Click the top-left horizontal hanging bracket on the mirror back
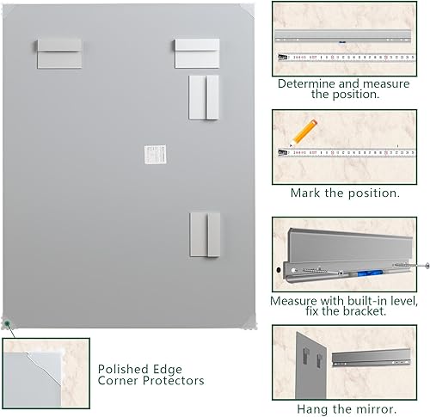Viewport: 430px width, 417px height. (x=60, y=52)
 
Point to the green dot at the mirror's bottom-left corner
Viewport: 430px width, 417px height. (x=7, y=324)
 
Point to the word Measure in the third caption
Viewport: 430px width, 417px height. (x=295, y=302)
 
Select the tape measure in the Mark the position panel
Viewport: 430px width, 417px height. (x=348, y=155)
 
